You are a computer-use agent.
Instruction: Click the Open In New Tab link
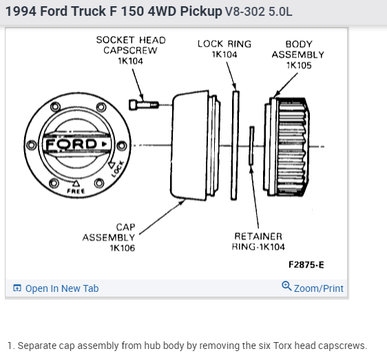(56, 288)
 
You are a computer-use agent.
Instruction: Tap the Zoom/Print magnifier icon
(286, 286)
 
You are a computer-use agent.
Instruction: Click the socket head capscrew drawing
(144, 105)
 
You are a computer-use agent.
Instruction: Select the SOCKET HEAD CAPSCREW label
(131, 50)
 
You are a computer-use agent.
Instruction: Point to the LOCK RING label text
(224, 44)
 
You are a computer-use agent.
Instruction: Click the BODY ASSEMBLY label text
(298, 50)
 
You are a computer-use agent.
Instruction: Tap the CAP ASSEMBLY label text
(109, 232)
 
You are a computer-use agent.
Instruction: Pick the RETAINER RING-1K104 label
(258, 242)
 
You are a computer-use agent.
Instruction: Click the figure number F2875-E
(306, 265)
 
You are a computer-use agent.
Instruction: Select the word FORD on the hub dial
(72, 144)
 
